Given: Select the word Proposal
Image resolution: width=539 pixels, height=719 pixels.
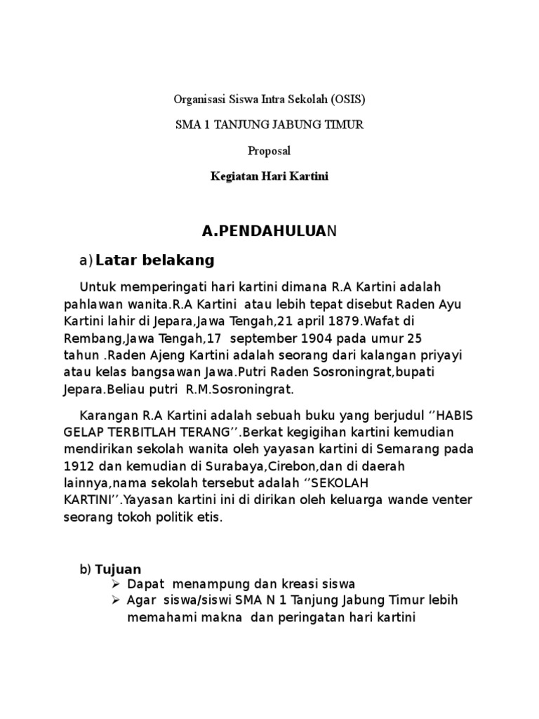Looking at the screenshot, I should [x=269, y=151].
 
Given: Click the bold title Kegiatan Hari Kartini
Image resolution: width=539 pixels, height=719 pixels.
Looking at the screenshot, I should [x=269, y=177].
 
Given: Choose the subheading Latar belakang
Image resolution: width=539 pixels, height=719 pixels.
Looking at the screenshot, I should [x=154, y=260].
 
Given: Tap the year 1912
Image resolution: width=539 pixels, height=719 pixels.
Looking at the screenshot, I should [x=79, y=466].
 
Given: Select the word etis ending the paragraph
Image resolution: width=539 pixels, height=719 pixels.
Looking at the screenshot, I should [x=209, y=518].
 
